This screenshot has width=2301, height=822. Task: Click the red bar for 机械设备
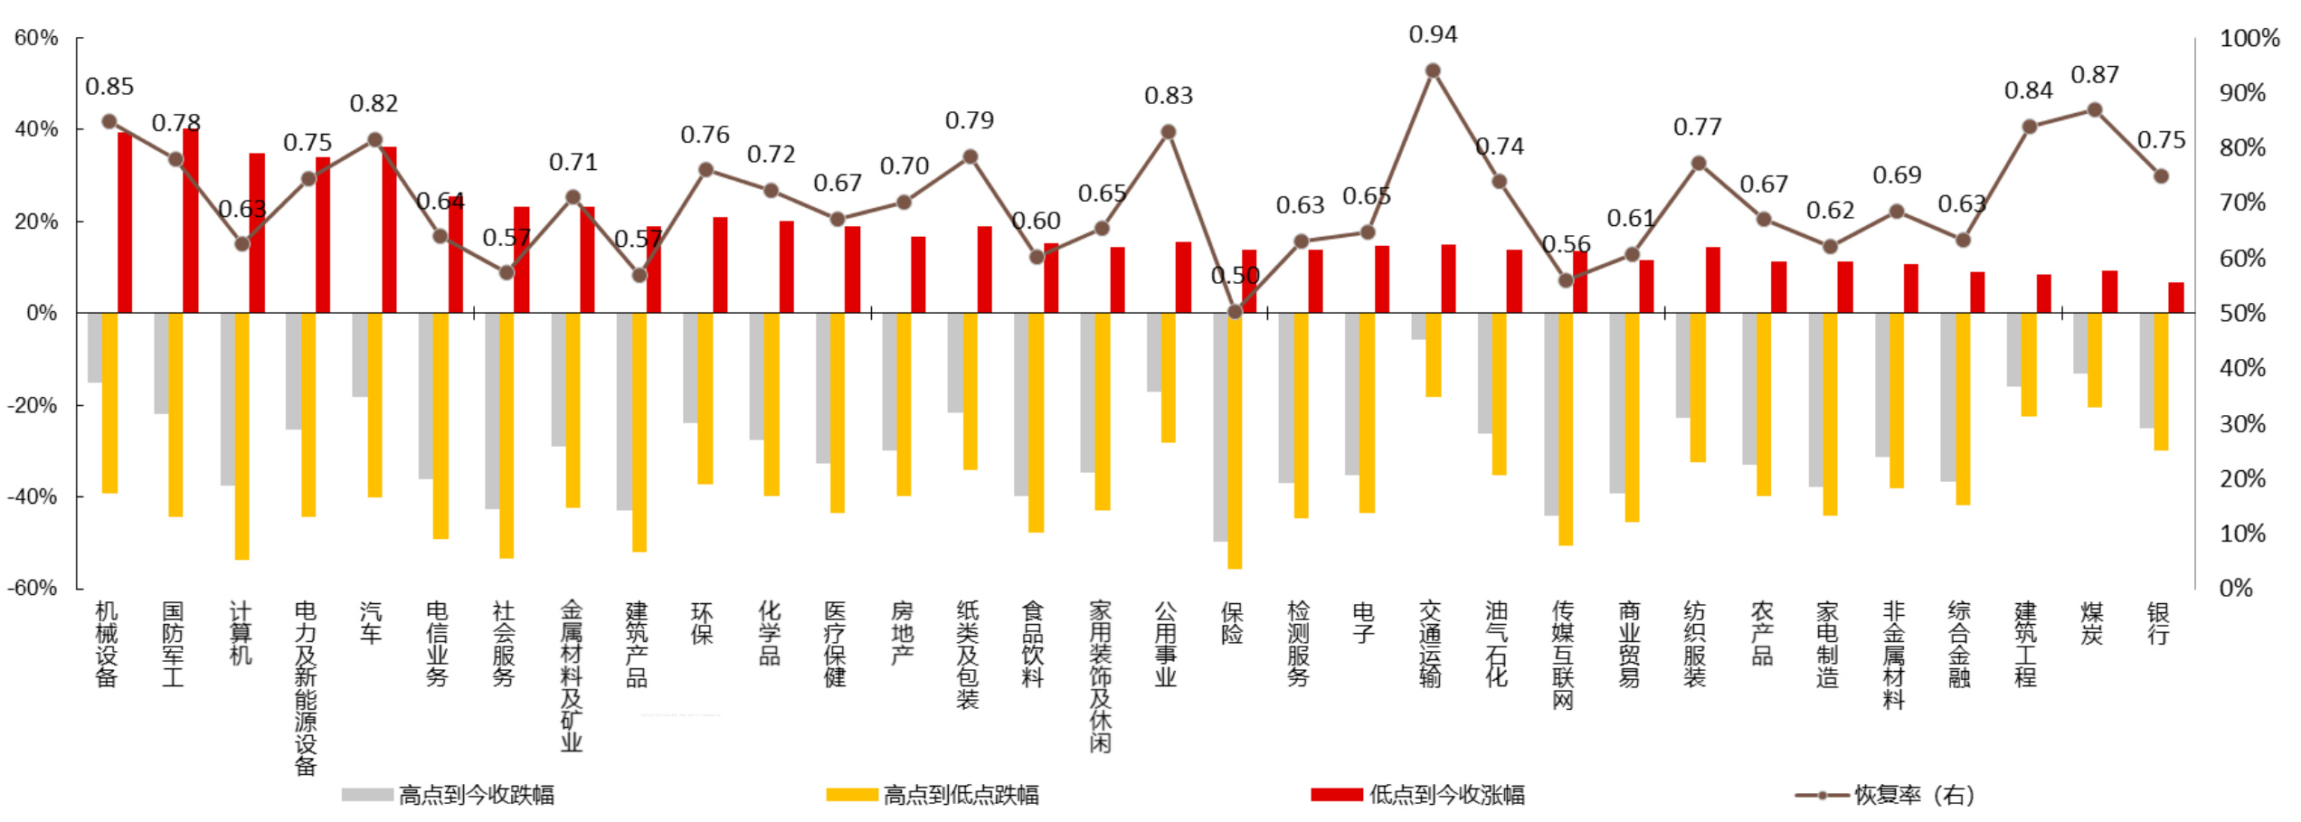tap(125, 222)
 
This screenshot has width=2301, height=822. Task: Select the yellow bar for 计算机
tap(241, 436)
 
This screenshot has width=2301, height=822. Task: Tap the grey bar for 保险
tap(1220, 427)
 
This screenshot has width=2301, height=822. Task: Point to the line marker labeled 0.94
tap(1433, 71)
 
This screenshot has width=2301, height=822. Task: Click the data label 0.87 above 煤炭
tap(2095, 75)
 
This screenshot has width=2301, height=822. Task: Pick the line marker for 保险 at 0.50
tap(1235, 312)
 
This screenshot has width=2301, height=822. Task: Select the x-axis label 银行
tap(2159, 624)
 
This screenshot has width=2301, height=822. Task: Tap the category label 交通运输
tap(1430, 644)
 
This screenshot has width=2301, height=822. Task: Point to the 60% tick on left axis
tap(36, 38)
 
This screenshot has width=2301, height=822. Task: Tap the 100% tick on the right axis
tap(2249, 38)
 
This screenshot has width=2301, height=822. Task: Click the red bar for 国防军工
tap(191, 221)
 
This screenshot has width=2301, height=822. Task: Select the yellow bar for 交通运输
tap(1434, 354)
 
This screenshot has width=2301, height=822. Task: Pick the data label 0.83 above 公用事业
tap(1169, 96)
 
